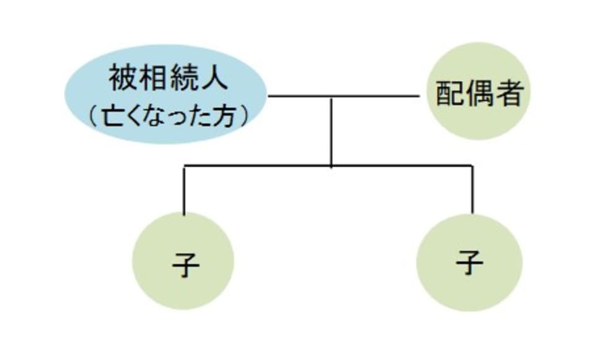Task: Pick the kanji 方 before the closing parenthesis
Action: (x=227, y=115)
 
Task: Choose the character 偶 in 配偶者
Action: (x=478, y=95)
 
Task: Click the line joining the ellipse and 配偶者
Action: (x=372, y=97)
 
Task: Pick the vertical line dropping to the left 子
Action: (x=184, y=190)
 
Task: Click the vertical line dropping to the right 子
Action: (x=472, y=190)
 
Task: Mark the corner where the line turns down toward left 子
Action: (x=184, y=166)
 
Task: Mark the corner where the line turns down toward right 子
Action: (x=472, y=166)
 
